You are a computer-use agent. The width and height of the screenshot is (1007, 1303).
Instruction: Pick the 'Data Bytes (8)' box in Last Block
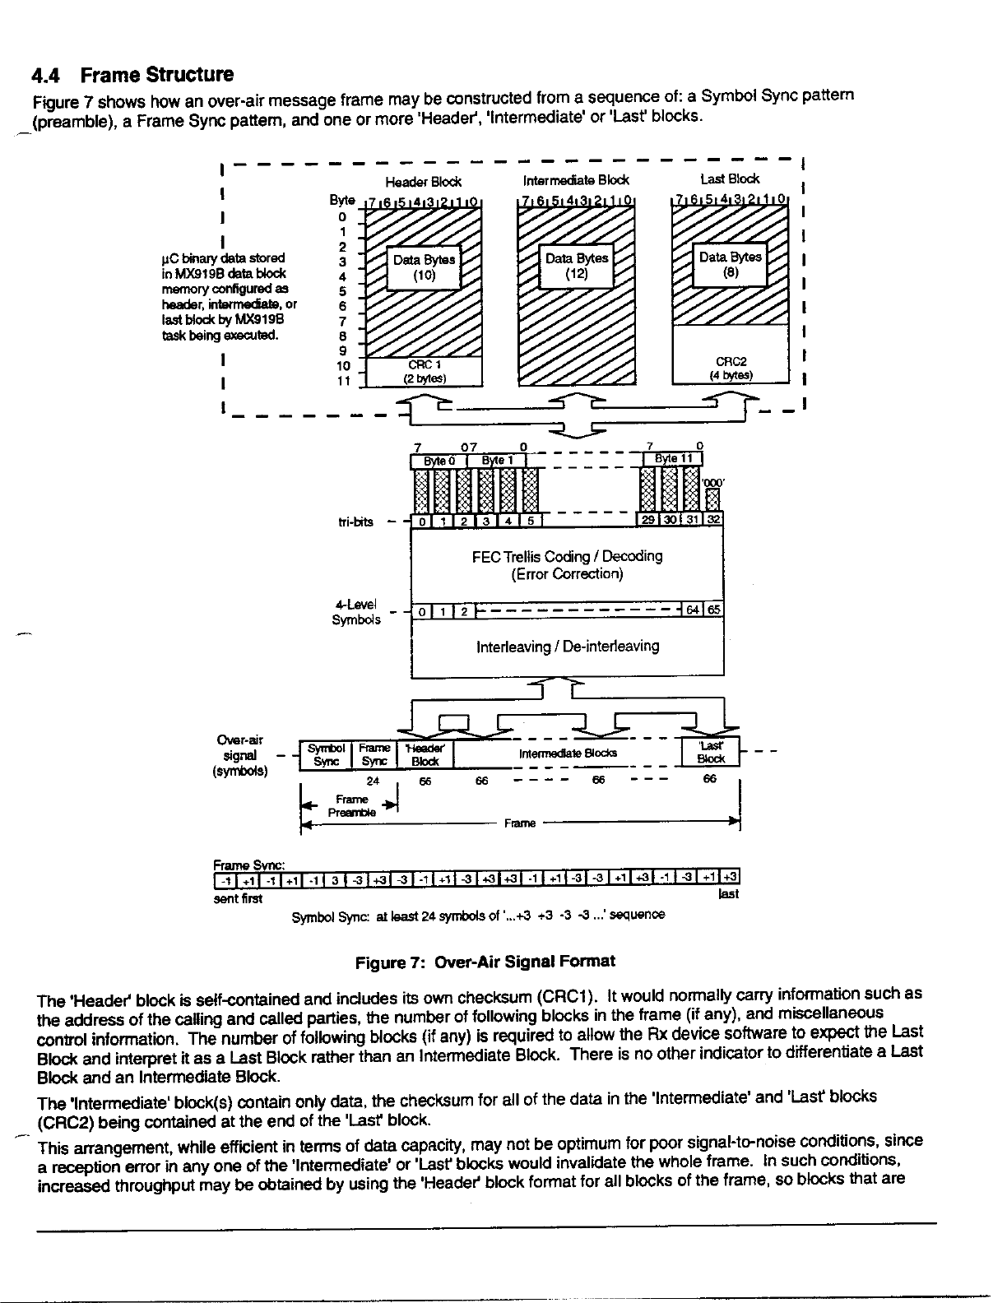click(x=730, y=265)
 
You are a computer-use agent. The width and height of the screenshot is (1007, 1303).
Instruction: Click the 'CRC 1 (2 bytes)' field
click(x=425, y=372)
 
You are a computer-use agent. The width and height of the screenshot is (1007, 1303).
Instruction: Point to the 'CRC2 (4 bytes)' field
click(x=731, y=368)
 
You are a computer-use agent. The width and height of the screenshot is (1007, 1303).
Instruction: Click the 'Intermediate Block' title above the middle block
click(x=576, y=179)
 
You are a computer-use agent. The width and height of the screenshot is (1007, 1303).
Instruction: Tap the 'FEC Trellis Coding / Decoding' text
click(x=568, y=556)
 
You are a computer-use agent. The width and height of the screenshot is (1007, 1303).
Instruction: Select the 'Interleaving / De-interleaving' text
click(x=568, y=646)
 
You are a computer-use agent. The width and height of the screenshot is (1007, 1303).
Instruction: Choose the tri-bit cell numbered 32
click(x=714, y=520)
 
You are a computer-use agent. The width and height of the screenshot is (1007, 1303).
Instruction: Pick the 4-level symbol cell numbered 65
click(x=713, y=610)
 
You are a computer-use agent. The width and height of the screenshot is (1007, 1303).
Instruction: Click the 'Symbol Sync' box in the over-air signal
click(x=326, y=755)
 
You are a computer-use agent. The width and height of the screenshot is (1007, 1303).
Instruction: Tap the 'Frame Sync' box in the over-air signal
click(x=374, y=755)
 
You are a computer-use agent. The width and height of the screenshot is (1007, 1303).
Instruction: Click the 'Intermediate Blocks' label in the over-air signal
click(x=568, y=754)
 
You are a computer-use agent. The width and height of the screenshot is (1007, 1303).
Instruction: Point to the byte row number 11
click(x=344, y=381)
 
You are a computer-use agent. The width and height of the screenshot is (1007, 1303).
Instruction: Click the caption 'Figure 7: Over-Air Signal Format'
click(x=485, y=961)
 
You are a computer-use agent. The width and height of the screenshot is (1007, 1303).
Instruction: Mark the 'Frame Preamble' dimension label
click(x=351, y=805)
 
